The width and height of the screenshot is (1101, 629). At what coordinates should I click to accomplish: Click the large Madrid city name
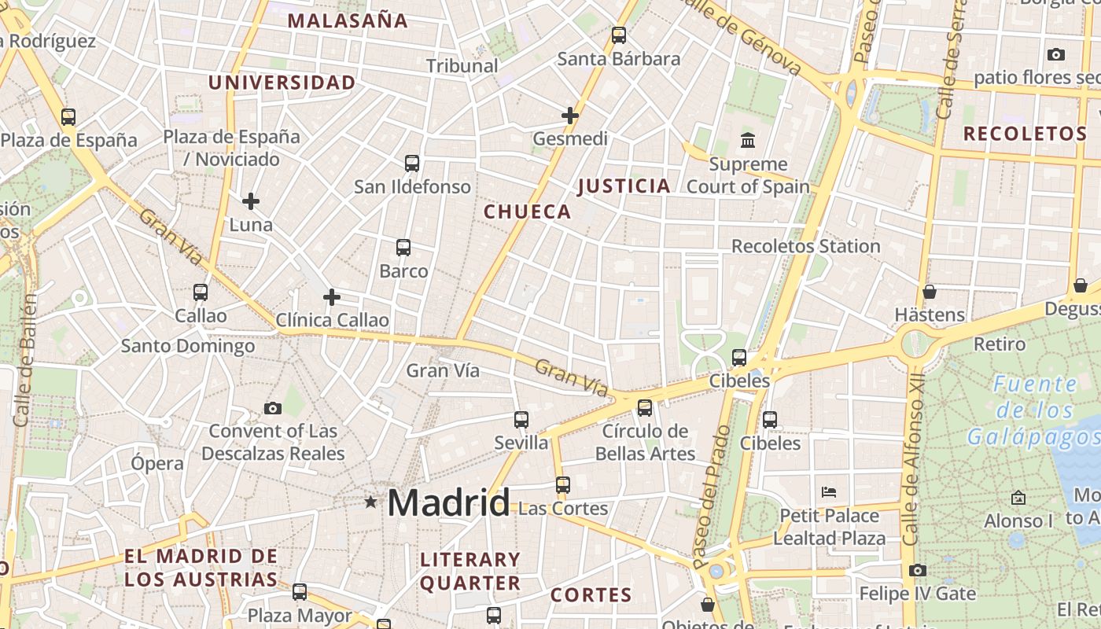(448, 502)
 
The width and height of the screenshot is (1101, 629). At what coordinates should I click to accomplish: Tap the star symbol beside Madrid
(370, 502)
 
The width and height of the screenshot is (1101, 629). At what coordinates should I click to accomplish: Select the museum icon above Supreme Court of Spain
(748, 141)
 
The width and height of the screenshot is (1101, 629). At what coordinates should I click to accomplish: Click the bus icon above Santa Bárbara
(619, 35)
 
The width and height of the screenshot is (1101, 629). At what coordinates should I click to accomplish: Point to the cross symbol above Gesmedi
(570, 116)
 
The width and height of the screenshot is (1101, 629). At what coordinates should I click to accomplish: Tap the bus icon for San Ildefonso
(412, 164)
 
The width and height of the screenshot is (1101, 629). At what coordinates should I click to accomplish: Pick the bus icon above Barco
(403, 248)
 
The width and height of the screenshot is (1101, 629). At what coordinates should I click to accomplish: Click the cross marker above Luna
(251, 201)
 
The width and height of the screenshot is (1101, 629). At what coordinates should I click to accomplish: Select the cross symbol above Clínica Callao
(332, 297)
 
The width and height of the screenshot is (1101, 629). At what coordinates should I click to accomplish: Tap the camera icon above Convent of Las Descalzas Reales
(273, 408)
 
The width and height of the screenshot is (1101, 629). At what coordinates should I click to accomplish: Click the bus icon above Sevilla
(521, 420)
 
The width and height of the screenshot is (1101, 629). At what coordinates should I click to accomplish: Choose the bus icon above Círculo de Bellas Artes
(645, 407)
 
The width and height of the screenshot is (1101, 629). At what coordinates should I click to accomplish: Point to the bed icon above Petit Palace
(828, 492)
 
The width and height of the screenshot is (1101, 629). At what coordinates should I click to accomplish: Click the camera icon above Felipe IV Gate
(917, 570)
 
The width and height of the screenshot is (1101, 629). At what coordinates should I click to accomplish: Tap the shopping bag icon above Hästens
(930, 292)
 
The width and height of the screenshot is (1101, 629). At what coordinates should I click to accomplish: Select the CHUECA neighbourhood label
(527, 212)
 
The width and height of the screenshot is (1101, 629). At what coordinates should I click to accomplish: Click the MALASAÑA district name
(348, 21)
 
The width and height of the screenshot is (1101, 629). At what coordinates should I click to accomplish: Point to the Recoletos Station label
(805, 246)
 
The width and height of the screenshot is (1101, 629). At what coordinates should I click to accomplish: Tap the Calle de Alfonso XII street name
(912, 471)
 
